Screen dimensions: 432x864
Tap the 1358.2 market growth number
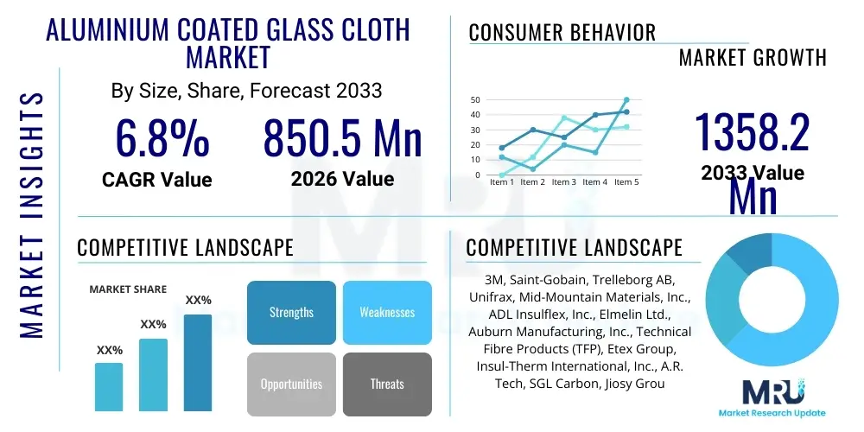coord(753,135)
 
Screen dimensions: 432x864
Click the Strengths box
coord(291,313)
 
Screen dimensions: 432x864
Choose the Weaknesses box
coord(386,313)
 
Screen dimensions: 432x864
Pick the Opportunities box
coord(291,384)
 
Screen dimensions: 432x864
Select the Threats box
coord(386,384)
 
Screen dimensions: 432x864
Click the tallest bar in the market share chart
coord(198,362)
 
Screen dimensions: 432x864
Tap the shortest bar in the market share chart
coord(109,386)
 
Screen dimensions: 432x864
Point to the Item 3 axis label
coord(563,182)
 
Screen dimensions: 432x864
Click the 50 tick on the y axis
coord(474,100)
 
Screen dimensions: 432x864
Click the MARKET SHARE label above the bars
coord(128,289)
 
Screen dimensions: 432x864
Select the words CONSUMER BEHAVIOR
coord(562,33)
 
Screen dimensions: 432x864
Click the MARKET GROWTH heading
coord(753,58)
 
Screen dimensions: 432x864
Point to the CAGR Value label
coord(156,180)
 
